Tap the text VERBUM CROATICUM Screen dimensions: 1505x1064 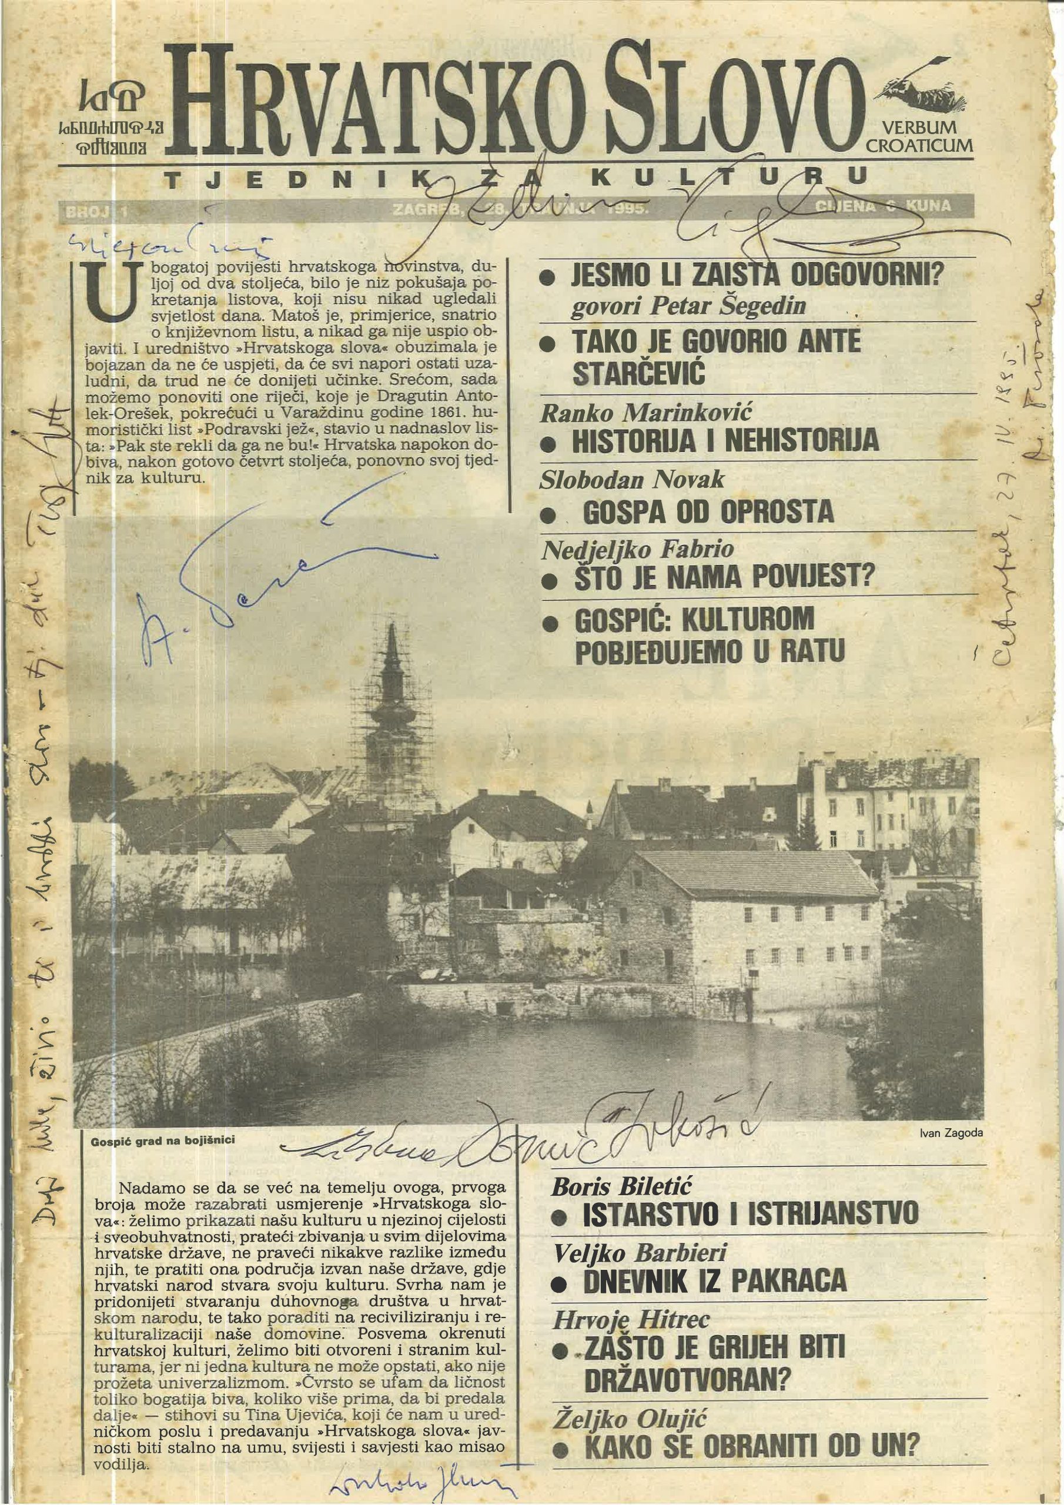(919, 136)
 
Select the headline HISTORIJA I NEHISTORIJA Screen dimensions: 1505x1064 (724, 440)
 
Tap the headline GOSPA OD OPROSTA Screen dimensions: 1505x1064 (708, 512)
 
